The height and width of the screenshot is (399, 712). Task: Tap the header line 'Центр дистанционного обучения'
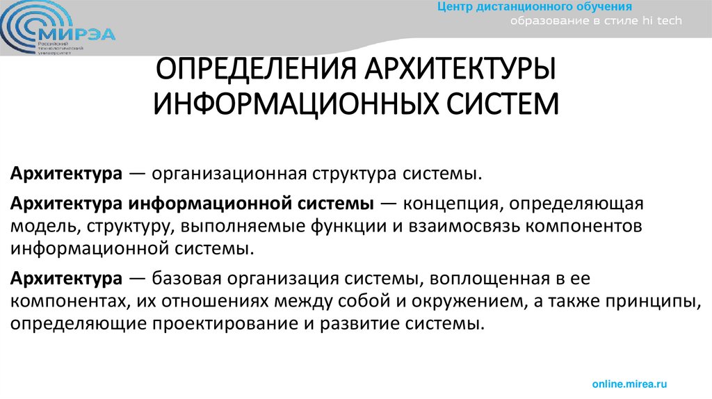click(x=534, y=7)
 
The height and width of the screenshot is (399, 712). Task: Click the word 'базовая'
click(x=183, y=280)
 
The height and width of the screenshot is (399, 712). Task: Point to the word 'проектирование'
click(x=193, y=323)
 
